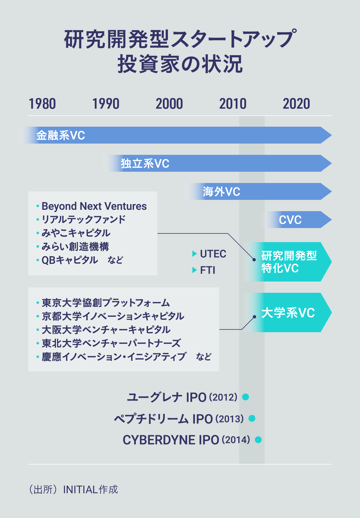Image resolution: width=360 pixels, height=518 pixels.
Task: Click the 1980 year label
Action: coord(42,104)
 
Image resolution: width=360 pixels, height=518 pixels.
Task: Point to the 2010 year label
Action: coord(233,104)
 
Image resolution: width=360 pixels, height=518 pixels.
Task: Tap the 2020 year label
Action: coord(296,104)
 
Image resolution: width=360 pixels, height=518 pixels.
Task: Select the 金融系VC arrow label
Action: coord(60,135)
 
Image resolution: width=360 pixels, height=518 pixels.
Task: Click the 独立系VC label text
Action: coord(145,164)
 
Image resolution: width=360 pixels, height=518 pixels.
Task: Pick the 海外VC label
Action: coord(221,192)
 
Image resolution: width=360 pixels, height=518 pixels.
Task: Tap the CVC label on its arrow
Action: coord(290,220)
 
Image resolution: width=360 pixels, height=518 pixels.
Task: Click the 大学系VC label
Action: coord(288,313)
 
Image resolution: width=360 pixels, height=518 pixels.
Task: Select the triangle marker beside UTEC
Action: coord(194,254)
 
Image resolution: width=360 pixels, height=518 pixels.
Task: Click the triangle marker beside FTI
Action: coord(194,270)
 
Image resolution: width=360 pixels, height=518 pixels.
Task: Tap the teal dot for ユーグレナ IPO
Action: coord(246,397)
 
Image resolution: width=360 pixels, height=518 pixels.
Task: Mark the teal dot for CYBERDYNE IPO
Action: coord(258,440)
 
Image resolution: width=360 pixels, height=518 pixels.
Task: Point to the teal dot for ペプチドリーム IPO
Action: coord(252,418)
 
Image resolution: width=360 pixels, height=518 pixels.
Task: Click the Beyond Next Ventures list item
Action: coord(94,206)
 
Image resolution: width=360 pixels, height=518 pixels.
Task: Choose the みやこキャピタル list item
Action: coord(76,233)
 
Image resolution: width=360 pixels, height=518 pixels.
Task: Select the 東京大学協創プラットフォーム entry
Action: coord(106,303)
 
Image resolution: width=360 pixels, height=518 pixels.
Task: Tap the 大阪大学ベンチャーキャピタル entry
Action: coord(106,330)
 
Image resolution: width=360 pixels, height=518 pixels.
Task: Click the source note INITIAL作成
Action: coord(90,490)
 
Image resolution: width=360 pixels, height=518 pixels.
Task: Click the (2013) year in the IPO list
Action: coord(229,419)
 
